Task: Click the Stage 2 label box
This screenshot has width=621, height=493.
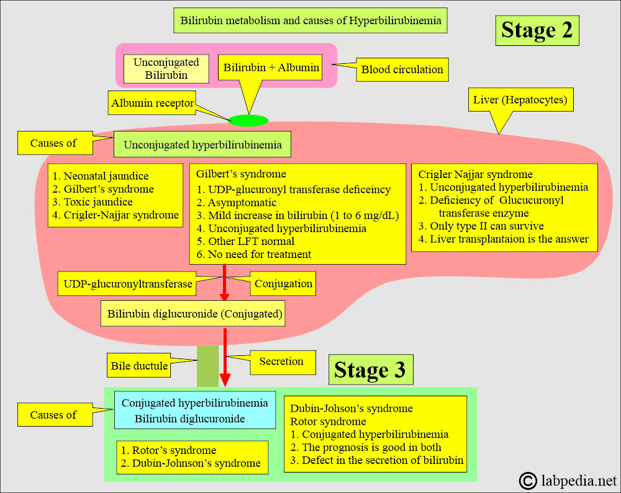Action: (537, 30)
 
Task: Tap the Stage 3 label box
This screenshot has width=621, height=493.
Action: (371, 370)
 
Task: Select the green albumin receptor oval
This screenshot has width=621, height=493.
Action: (248, 120)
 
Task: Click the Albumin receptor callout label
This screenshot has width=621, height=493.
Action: (152, 103)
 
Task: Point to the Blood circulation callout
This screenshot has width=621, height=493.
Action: (402, 69)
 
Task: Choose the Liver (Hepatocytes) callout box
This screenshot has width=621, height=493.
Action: (520, 100)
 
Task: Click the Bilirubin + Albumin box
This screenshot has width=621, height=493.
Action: (271, 68)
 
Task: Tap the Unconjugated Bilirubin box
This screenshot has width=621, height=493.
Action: (166, 69)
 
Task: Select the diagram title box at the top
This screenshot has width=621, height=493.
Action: (310, 20)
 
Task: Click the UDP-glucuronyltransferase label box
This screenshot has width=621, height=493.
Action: (127, 283)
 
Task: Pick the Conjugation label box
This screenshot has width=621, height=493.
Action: (283, 283)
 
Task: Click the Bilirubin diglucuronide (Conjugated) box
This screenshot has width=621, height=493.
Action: (193, 314)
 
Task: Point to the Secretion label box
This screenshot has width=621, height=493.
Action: (283, 362)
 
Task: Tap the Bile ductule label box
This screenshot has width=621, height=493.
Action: (138, 365)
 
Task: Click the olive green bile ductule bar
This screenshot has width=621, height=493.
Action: (207, 366)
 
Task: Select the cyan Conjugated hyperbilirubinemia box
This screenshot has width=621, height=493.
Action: (195, 411)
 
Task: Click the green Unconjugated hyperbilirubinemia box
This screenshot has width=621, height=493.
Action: (202, 144)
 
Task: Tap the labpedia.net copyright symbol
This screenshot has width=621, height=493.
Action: (528, 481)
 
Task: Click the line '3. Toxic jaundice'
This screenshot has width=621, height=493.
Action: (93, 202)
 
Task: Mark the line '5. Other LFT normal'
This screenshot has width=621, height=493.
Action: (245, 241)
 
